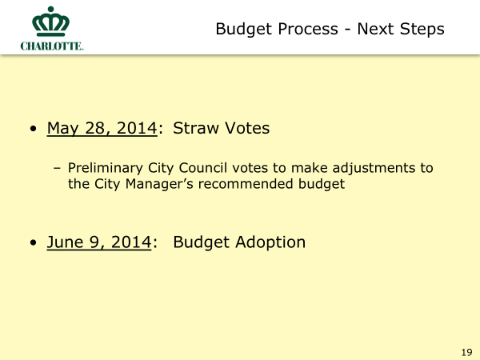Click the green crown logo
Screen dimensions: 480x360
pos(51,22)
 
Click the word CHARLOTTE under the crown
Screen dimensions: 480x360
pos(52,46)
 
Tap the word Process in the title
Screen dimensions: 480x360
pos(308,29)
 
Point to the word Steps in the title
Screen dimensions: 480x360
pos(422,30)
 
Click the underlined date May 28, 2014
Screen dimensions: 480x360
pos(102,128)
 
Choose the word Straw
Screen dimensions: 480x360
pos(196,128)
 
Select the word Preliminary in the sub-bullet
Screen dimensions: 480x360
pos(106,168)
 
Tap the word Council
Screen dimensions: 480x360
pos(203,168)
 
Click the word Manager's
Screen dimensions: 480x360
pos(159,184)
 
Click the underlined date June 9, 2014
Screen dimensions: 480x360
pos(99,242)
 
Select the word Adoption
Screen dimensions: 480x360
pos(270,242)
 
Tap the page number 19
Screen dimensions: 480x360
pos(466,352)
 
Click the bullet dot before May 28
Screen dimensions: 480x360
pos(34,129)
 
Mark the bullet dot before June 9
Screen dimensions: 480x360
pos(34,242)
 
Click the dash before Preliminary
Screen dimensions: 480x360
pos(57,168)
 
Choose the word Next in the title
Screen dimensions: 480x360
pos(375,29)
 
